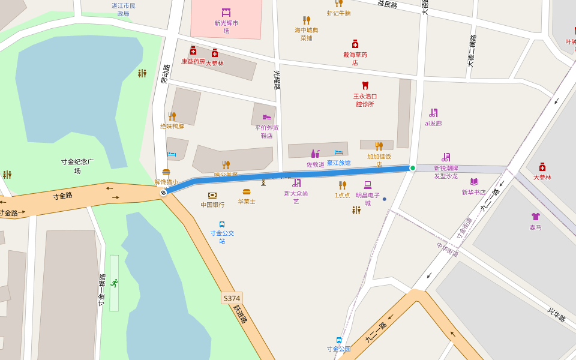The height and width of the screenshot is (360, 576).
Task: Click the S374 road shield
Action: click(232, 298)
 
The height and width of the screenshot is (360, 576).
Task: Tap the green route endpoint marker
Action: click(413, 168)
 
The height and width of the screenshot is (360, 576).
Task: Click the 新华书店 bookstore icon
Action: click(474, 182)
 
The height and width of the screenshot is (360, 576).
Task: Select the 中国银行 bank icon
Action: click(212, 195)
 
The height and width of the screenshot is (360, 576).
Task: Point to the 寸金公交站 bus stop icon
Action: click(222, 224)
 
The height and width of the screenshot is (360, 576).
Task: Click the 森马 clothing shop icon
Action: click(536, 217)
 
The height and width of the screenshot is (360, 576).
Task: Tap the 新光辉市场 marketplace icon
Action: click(226, 13)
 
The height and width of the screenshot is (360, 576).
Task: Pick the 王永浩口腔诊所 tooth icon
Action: click(365, 86)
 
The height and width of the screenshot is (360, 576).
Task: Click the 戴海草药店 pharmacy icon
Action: click(355, 44)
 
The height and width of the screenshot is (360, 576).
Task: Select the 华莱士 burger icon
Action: click(247, 192)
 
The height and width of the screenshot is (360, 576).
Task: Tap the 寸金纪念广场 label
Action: click(77, 166)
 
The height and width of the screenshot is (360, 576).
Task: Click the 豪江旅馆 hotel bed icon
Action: click(339, 153)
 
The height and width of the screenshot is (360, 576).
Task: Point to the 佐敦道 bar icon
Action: click(315, 154)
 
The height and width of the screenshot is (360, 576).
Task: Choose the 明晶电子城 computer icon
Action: click(368, 185)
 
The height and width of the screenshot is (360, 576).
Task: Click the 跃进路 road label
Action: click(241, 314)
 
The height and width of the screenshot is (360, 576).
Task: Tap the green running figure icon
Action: click(114, 283)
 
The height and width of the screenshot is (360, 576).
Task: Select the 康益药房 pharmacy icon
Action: click(193, 51)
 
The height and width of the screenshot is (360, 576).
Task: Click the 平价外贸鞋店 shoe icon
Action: click(267, 117)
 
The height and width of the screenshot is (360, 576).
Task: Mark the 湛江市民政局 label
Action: click(124, 9)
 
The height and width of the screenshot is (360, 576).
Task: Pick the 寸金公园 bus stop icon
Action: click(339, 340)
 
